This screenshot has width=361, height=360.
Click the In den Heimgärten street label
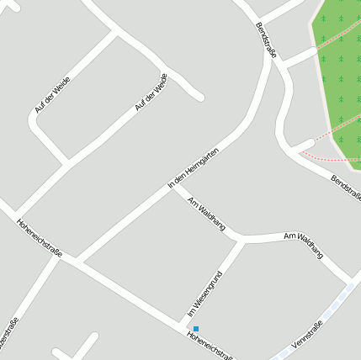tap(194, 167)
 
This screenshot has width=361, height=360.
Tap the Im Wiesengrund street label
tap(204, 294)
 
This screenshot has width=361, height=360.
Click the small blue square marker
tap(196, 328)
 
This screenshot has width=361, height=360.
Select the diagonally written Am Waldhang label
tap(206, 214)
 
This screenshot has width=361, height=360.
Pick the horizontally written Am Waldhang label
tap(304, 246)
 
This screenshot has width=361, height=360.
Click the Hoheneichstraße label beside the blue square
tap(210, 346)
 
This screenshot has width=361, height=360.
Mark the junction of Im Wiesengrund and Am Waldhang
tap(243, 240)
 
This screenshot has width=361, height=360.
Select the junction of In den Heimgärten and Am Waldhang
tap(173, 186)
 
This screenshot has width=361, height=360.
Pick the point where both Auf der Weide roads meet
tap(114, 31)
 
